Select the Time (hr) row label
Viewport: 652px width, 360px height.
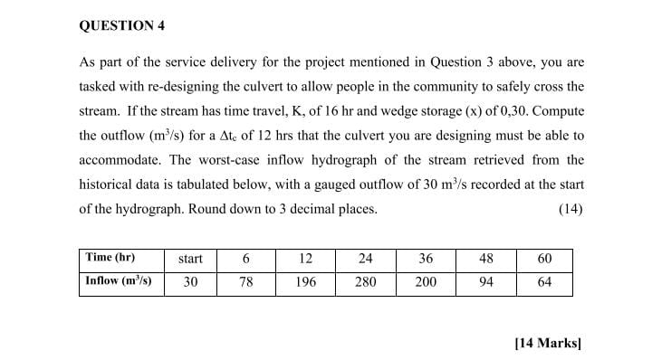(111, 258)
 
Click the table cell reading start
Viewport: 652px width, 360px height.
(190, 259)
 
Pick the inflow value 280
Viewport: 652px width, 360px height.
(365, 281)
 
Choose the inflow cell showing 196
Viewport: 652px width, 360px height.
(305, 281)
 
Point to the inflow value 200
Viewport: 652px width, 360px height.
(426, 281)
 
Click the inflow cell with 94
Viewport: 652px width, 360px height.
(485, 281)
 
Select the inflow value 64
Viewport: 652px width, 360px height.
(544, 281)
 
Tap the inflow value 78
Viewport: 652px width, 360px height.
(245, 281)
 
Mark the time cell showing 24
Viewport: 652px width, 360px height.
(365, 259)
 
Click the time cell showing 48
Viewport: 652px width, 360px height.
(485, 259)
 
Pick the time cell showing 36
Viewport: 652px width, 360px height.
(426, 259)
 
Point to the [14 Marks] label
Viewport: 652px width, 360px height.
(546, 343)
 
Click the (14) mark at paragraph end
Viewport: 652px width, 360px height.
(570, 209)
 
